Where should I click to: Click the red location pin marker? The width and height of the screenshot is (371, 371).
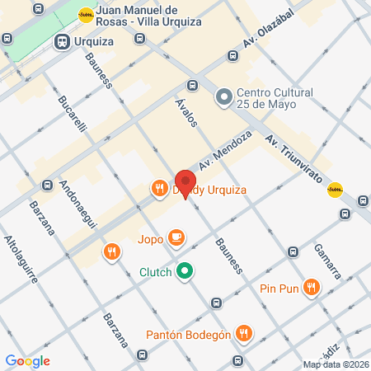pyautogui.click(x=185, y=182)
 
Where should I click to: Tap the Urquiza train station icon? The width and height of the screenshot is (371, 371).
pyautogui.click(x=61, y=41)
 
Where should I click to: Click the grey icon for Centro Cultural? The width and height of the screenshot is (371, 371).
pyautogui.click(x=223, y=98)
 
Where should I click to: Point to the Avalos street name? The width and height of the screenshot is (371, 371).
pyautogui.click(x=186, y=110)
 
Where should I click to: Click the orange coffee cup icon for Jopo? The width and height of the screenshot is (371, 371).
pyautogui.click(x=176, y=238)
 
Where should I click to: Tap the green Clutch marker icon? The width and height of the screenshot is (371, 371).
pyautogui.click(x=185, y=270)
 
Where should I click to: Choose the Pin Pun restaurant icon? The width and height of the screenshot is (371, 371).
pyautogui.click(x=311, y=287)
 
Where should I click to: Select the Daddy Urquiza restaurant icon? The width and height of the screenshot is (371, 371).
pyautogui.click(x=159, y=189)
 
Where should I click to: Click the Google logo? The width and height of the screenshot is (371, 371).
pyautogui.click(x=27, y=360)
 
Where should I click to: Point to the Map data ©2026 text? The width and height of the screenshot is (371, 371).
pyautogui.click(x=336, y=364)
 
